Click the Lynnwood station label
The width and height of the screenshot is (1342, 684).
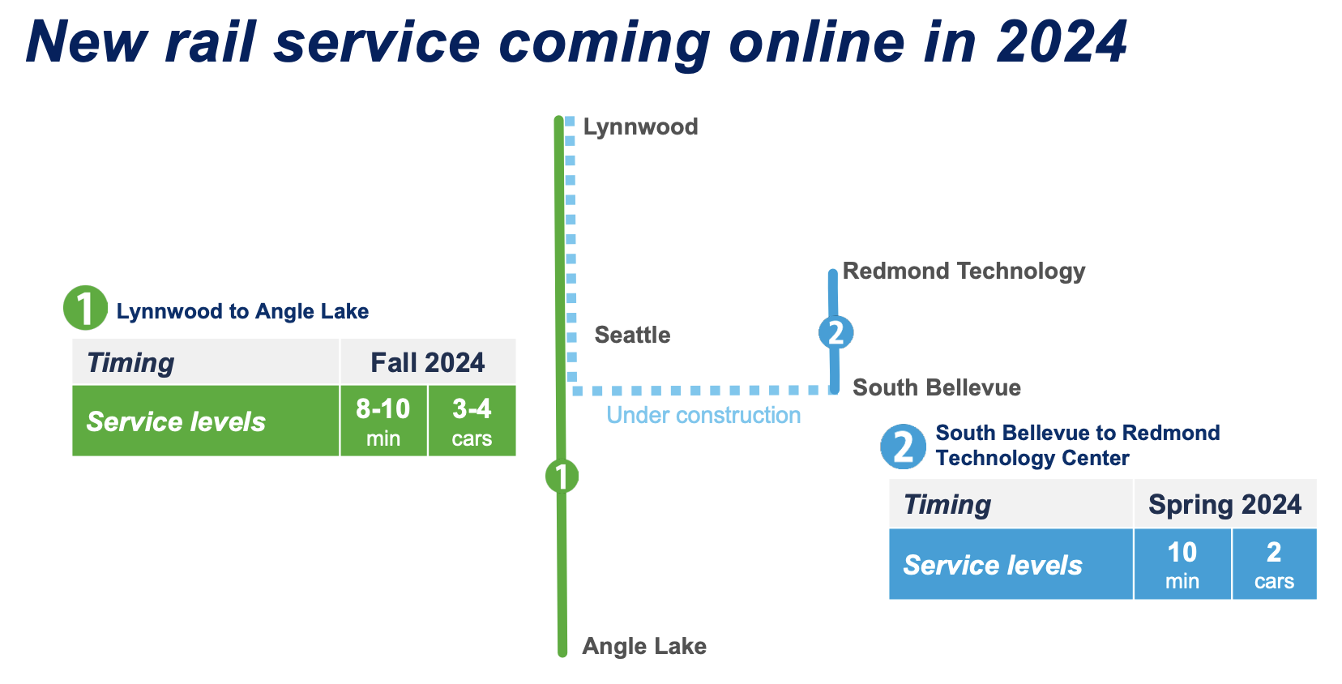(x=640, y=127)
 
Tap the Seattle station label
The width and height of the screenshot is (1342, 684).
(x=632, y=335)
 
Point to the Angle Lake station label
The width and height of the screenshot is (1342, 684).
(x=644, y=646)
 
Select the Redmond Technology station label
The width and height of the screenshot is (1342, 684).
(x=964, y=271)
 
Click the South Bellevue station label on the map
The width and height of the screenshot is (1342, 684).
(x=937, y=387)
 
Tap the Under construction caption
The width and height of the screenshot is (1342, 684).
(x=703, y=415)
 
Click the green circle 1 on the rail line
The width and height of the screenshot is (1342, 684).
(x=562, y=477)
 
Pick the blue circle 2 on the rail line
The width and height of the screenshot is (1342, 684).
(x=836, y=332)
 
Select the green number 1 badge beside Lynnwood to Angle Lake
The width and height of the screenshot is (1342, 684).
(x=85, y=308)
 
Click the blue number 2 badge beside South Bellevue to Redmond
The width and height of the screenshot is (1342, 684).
(x=903, y=447)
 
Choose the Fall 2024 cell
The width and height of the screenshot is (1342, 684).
(x=428, y=361)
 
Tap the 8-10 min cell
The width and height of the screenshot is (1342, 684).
(x=383, y=421)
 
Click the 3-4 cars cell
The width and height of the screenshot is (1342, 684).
(x=472, y=421)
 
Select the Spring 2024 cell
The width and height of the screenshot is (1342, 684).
(x=1225, y=504)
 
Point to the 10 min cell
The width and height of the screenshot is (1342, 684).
(x=1182, y=564)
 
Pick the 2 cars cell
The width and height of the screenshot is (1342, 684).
(x=1274, y=564)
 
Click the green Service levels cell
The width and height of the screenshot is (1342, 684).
(x=206, y=421)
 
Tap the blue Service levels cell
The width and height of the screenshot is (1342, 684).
(x=1011, y=564)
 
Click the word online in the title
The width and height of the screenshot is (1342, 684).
(x=817, y=42)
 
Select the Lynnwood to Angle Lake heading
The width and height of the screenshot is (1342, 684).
(x=242, y=311)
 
